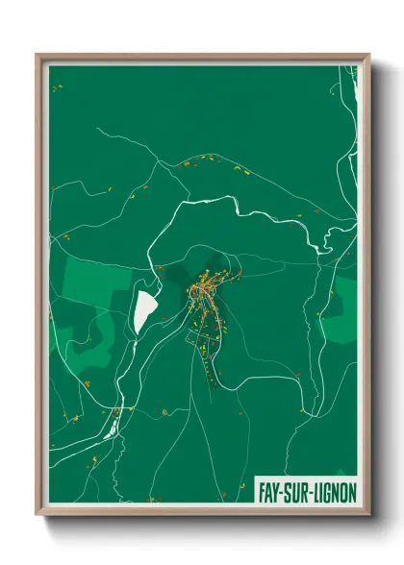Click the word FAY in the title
(x=269, y=492)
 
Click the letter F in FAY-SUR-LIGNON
(x=263, y=492)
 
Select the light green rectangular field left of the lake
(x=96, y=279)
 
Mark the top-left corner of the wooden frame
(x=38, y=56)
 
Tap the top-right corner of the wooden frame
(x=368, y=56)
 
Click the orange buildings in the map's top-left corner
(x=57, y=88)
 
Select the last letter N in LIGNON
(x=352, y=492)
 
